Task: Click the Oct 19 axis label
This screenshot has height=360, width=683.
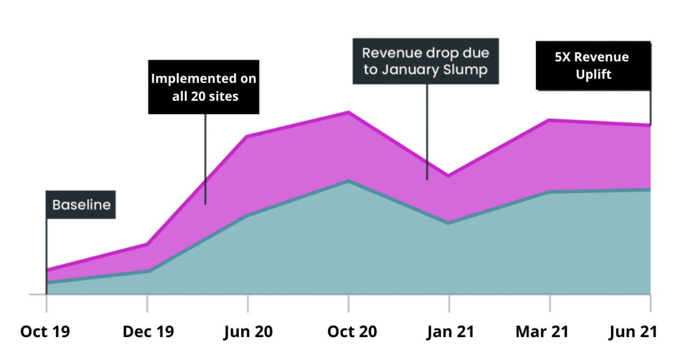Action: tap(45, 332)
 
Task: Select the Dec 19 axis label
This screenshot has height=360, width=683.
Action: tap(148, 332)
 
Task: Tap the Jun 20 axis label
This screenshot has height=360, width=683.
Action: tap(248, 332)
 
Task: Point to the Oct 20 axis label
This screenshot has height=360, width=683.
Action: tap(352, 332)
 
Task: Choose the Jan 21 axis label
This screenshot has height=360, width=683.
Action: tap(450, 332)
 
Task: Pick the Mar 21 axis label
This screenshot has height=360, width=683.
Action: tap(542, 332)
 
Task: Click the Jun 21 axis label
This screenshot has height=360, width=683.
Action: tap(633, 332)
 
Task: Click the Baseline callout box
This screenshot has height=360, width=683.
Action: tap(81, 205)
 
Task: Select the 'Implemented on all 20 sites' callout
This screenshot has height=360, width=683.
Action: tap(203, 87)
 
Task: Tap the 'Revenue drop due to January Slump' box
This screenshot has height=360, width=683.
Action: tap(426, 61)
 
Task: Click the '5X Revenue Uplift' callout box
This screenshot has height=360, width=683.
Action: tap(593, 66)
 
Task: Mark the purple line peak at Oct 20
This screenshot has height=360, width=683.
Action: tap(348, 112)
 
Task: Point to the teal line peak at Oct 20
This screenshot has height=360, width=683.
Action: tap(348, 181)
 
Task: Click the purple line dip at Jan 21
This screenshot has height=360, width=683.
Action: tap(449, 175)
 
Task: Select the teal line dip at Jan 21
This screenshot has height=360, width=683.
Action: tap(449, 222)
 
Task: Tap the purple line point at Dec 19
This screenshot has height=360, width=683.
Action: tap(147, 244)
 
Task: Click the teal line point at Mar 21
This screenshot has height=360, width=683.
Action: tap(550, 191)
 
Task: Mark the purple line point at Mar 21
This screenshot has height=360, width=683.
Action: tap(550, 120)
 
